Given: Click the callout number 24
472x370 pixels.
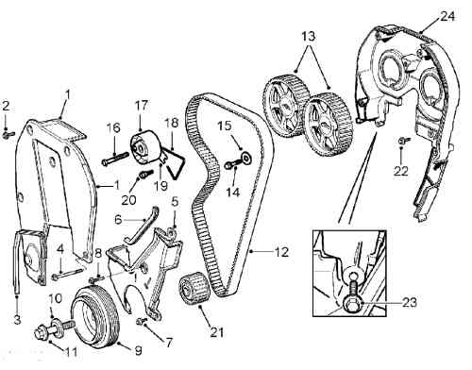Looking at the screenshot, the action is coord(447,16).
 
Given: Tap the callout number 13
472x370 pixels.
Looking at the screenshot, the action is coord(309,36).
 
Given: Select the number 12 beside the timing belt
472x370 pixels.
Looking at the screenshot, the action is coord(281,251).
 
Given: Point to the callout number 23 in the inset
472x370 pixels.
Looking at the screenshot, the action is coord(409,302).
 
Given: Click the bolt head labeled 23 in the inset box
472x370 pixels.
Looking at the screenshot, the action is coord(351,304).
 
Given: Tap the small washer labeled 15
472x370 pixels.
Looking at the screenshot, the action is coord(246,156).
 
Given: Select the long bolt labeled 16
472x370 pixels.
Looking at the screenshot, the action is coord(115,158).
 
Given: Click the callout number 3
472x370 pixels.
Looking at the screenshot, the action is coord(17,319).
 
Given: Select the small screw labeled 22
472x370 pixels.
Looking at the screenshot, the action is coord(403,141).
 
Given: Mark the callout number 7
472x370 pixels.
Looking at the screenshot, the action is coord(169,343).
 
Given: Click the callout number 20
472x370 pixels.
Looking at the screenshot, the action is coord(128,199).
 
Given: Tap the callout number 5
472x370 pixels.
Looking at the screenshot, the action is coord(175,202).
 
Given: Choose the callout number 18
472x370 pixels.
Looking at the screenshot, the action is coord(171,123).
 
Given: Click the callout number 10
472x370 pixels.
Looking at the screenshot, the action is coord(56,298).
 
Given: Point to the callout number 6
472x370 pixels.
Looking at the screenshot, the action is coord(118,219).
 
